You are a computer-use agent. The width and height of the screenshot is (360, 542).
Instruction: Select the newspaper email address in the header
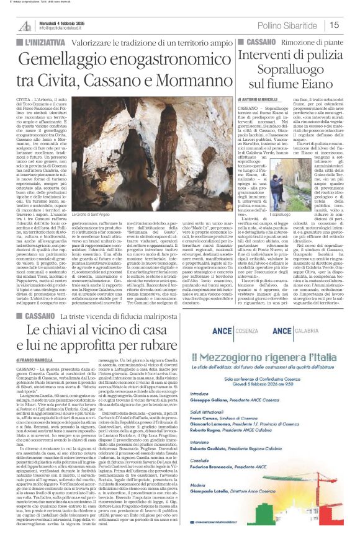click(63, 29)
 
